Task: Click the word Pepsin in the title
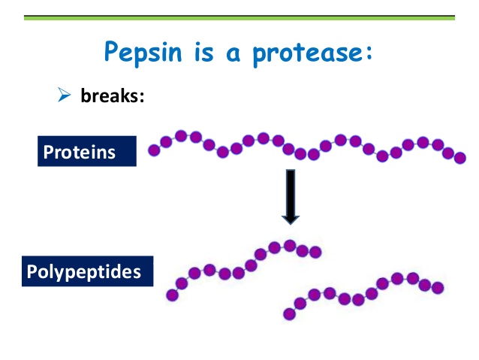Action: pos(137,53)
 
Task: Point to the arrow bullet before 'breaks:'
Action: pos(64,96)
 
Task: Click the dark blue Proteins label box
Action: pos(86,152)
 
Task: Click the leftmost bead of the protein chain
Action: pos(155,150)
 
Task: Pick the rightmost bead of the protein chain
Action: pos(460,158)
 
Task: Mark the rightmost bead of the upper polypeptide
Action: pos(315,252)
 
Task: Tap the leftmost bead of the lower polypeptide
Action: pos(289,314)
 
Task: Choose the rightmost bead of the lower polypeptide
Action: pos(438,288)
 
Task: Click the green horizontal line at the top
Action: pos(239,17)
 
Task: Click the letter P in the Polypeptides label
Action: pos(32,271)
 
